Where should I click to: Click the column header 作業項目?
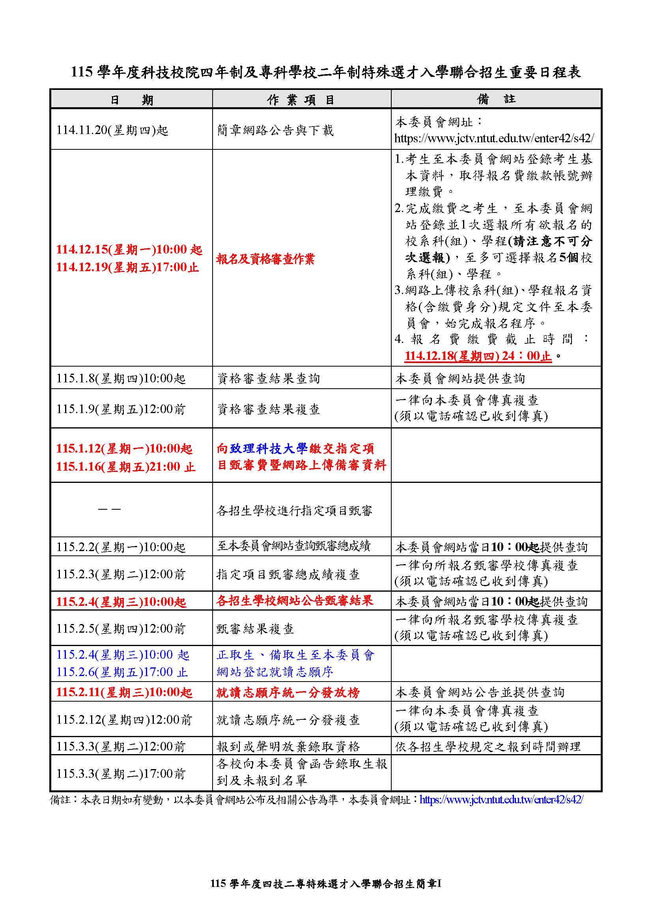pyautogui.click(x=301, y=100)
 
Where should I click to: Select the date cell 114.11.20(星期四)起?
pyautogui.click(x=112, y=130)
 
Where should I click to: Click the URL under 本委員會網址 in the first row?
pyautogui.click(x=494, y=138)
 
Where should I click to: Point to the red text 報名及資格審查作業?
pyautogui.click(x=265, y=259)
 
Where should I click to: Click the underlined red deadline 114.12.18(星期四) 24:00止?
pyautogui.click(x=478, y=356)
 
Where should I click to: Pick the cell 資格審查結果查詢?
pyautogui.click(x=268, y=378)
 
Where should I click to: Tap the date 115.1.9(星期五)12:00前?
pyautogui.click(x=121, y=409)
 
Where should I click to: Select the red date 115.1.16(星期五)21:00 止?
pyautogui.click(x=125, y=467)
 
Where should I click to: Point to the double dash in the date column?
pyautogui.click(x=109, y=510)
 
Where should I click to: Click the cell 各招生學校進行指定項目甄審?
pyautogui.click(x=295, y=510)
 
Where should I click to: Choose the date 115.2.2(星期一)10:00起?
pyautogui.click(x=121, y=547)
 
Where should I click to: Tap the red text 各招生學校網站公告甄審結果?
pyautogui.click(x=295, y=601)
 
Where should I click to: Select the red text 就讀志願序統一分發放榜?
pyautogui.click(x=288, y=693)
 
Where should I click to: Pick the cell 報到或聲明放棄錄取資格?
pyautogui.click(x=288, y=747)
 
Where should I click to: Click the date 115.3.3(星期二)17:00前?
pyautogui.click(x=121, y=774)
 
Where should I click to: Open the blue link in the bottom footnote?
pyautogui.click(x=501, y=799)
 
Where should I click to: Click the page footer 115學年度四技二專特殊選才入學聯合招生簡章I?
pyautogui.click(x=326, y=884)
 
